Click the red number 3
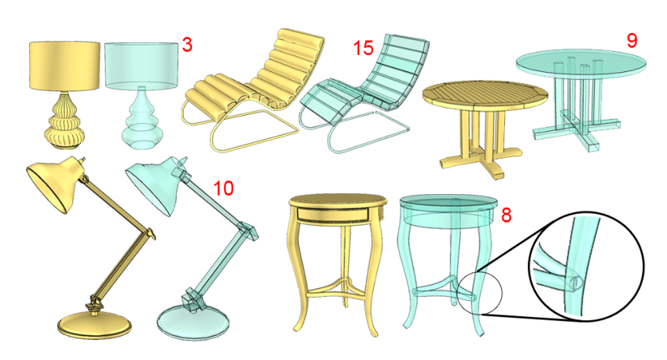click(187, 44)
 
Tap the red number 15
click(363, 48)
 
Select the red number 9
click(631, 40)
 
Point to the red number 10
click(223, 188)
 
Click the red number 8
click(506, 215)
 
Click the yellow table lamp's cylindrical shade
click(65, 66)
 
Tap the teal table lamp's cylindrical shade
click(141, 66)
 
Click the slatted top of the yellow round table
click(485, 95)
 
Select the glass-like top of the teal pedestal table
click(581, 63)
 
